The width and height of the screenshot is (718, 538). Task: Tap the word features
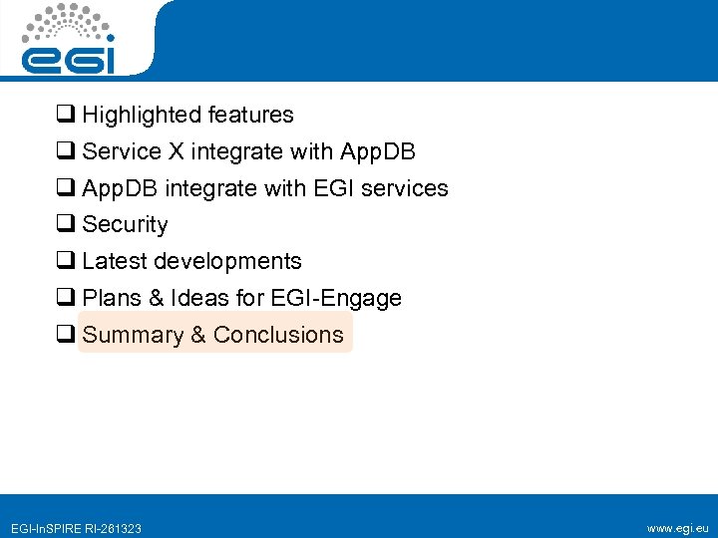coord(254,116)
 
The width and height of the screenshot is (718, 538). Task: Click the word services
coord(410,188)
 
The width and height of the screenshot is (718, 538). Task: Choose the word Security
coord(125,225)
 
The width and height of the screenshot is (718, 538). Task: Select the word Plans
coord(112,298)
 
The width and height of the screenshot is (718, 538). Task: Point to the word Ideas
coord(200,298)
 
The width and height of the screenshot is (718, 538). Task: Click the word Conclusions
coord(278,335)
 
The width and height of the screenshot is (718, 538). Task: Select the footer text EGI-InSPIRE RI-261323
coord(75,528)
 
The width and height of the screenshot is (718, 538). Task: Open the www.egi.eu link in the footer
coord(677,528)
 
